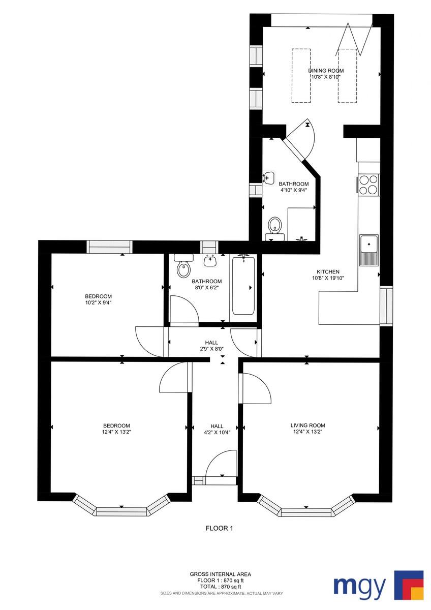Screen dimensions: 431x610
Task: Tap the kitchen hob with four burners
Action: [368, 185]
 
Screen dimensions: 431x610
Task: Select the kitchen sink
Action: [368, 250]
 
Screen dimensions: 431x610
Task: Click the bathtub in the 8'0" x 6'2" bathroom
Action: [243, 285]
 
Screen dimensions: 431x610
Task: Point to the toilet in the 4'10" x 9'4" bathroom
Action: [274, 228]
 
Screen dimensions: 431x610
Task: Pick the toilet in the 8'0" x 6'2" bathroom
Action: [183, 265]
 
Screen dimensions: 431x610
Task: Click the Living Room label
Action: [307, 425]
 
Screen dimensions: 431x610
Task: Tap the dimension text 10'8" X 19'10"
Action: [328, 278]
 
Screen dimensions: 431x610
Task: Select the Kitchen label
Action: [328, 272]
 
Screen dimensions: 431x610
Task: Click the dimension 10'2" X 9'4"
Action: [98, 302]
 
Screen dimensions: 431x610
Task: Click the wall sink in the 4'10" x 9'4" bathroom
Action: [268, 178]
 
